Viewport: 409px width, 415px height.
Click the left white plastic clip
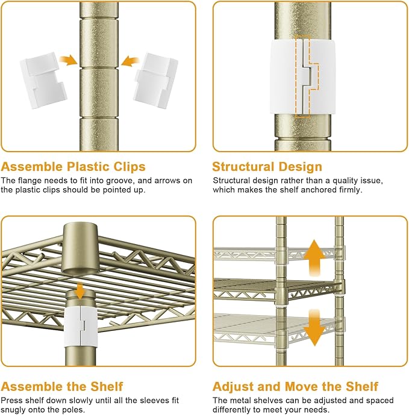point(43,80)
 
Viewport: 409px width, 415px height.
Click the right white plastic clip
point(155,81)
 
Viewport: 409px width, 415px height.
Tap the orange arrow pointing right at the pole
point(69,60)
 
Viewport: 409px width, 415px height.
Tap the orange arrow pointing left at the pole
point(130,61)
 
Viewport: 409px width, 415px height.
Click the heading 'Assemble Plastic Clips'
point(73,167)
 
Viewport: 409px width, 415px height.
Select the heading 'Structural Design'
point(267,167)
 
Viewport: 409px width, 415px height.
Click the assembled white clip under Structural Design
point(303,77)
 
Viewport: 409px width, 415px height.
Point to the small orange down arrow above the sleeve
point(80,290)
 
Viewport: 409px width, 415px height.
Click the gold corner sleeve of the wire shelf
point(81,251)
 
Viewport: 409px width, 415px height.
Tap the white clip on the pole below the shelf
point(81,327)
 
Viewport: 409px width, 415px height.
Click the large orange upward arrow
point(314,258)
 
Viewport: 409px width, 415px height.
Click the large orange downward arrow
point(314,328)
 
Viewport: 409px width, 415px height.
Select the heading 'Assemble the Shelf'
point(62,387)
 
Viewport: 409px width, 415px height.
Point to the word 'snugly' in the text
point(13,410)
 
